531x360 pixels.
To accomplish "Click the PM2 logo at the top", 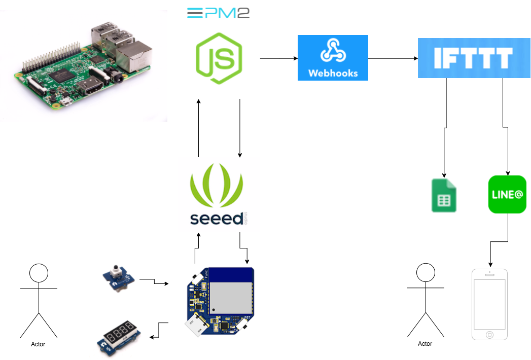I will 219,13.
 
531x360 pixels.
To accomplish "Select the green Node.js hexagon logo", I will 219,59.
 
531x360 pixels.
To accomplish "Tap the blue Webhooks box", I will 333,58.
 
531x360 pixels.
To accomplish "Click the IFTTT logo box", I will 474,58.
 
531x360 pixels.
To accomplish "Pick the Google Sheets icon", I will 444,195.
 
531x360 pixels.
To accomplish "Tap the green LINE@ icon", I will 507,194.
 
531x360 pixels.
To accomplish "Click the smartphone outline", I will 489,304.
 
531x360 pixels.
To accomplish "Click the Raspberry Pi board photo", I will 84,66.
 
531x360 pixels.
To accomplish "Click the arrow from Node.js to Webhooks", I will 278,58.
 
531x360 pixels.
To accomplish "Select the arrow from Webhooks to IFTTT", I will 393,59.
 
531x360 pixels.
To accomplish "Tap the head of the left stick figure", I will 39,274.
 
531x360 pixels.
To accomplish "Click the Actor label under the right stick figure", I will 425,344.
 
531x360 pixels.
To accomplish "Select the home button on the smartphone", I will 489,335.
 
